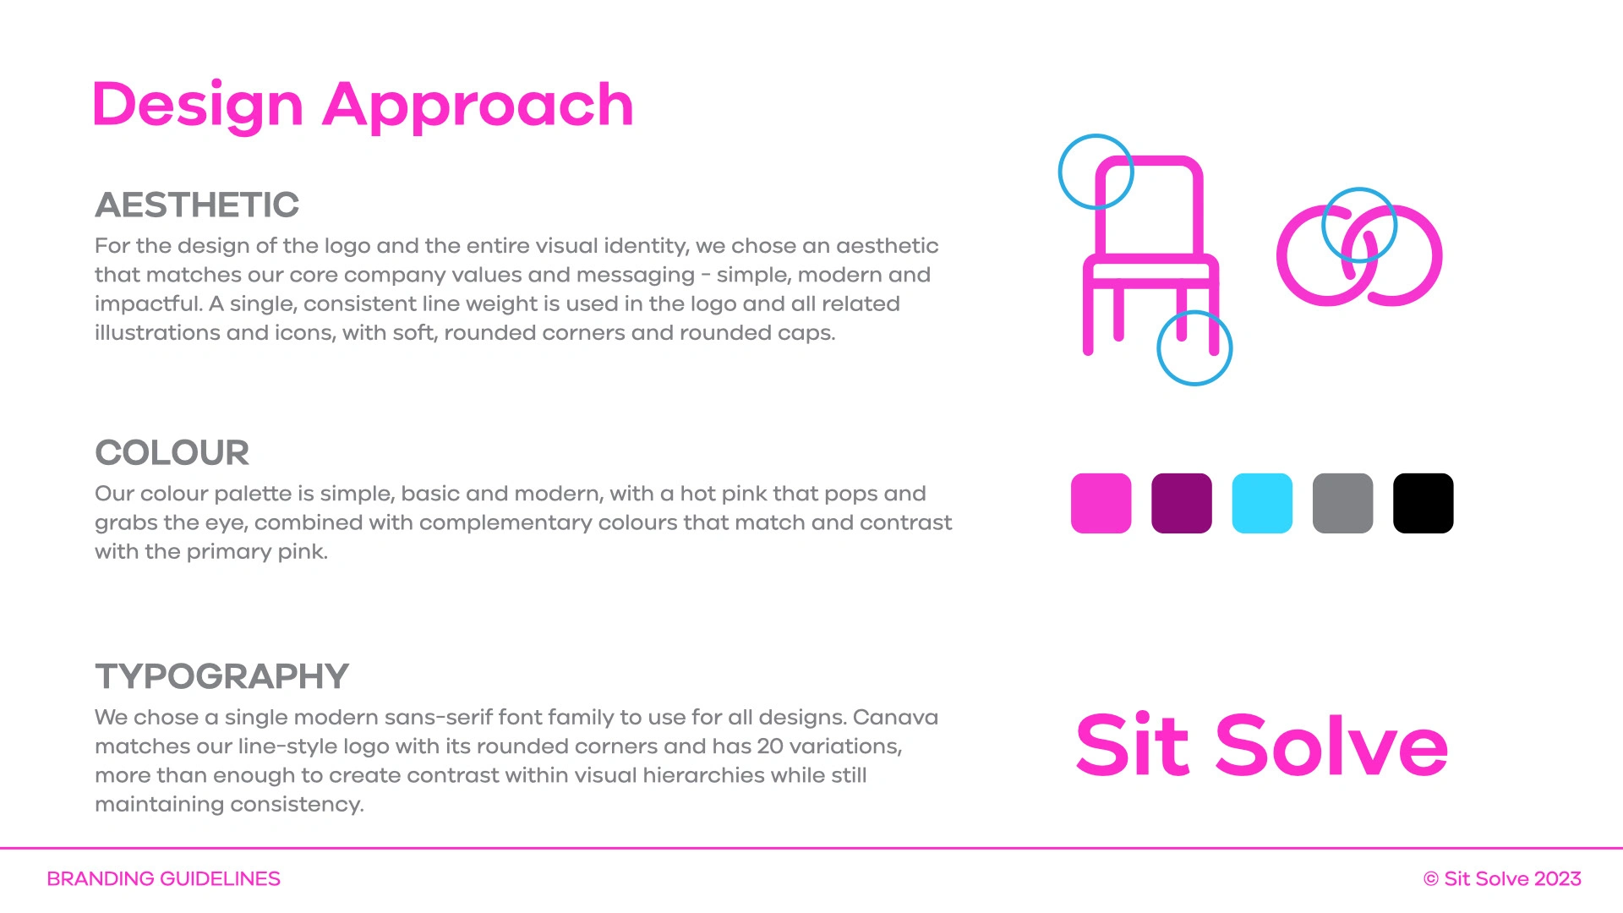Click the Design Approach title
(363, 105)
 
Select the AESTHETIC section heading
(197, 205)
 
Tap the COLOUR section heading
(172, 452)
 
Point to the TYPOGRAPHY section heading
(221, 676)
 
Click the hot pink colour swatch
(1101, 503)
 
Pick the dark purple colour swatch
(1182, 503)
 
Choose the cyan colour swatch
(1262, 503)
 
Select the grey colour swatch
(1342, 503)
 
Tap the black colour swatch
(1424, 503)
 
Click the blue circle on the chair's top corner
(1059, 172)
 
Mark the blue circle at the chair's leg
(1157, 348)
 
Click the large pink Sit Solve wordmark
(1261, 745)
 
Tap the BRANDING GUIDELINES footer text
(163, 879)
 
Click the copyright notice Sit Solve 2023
(1502, 879)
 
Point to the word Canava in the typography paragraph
(895, 718)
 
